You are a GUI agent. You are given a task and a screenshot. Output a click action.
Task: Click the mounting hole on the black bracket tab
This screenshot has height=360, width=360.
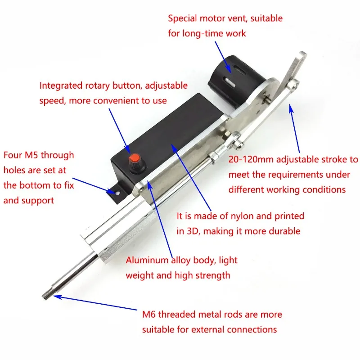[117, 191]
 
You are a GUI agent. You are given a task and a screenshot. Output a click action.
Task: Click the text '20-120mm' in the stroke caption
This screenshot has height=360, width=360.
[249, 159]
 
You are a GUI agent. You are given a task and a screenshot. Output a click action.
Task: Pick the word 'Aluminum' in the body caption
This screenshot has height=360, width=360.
[146, 260]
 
